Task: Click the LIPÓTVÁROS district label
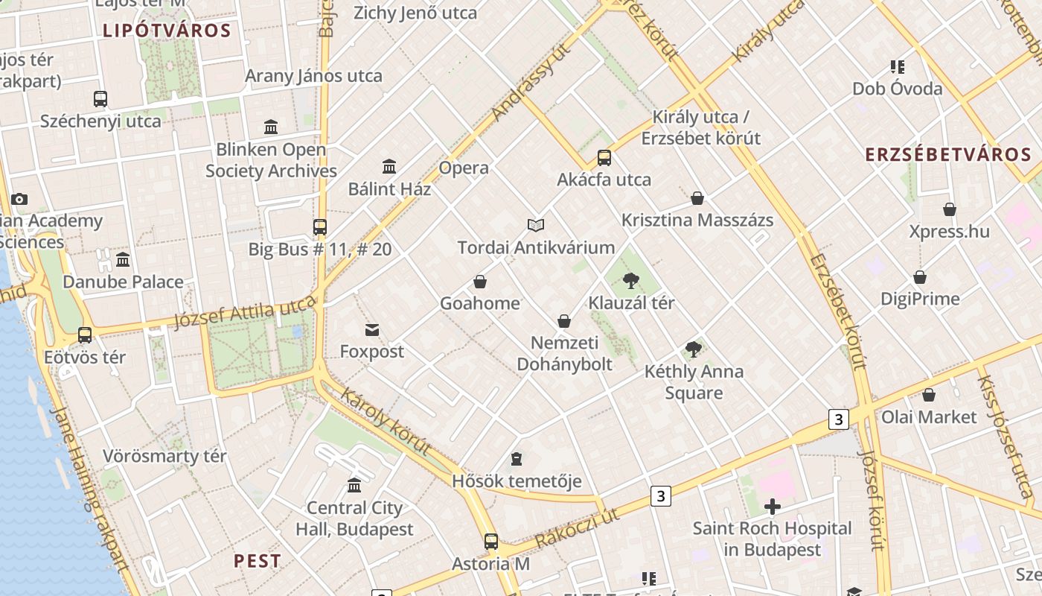[167, 31]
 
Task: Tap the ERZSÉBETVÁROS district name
[947, 155]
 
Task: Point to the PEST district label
[258, 561]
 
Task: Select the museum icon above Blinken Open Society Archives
[271, 127]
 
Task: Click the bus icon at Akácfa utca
[604, 158]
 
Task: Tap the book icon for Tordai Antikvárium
[536, 225]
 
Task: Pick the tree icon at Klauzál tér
[631, 281]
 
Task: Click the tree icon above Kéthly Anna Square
[694, 349]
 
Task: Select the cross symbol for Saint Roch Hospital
[773, 507]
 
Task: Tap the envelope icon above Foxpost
[372, 329]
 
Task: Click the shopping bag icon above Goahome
[480, 282]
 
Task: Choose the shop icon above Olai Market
[929, 395]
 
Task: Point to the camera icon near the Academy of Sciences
[19, 199]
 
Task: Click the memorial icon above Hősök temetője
[517, 459]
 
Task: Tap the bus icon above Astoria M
[490, 542]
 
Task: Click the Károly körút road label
[386, 421]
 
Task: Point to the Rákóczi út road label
[577, 528]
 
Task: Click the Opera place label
[464, 168]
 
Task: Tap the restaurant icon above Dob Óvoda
[897, 67]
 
